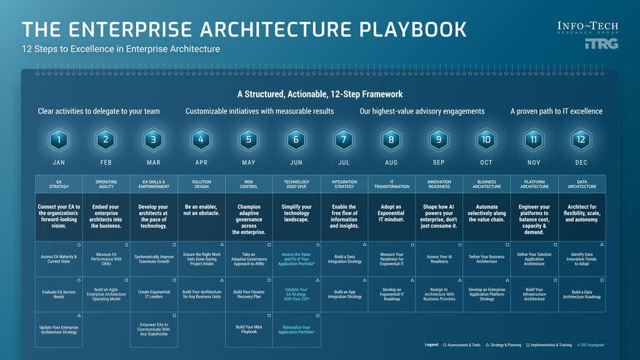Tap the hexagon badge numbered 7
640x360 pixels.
pos(343,139)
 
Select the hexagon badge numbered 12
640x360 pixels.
pos(581,139)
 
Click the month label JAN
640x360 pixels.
pos(59,162)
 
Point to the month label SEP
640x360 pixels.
pos(438,162)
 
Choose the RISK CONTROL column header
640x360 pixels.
pos(248,184)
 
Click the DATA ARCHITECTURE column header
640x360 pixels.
pos(581,184)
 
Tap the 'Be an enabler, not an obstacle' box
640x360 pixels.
pos(200,211)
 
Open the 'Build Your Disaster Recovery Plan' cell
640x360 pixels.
pos(248,294)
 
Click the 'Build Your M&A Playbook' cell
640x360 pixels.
pos(248,329)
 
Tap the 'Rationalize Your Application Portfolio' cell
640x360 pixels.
pos(295,329)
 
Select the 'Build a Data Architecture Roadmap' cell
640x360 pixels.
pos(581,294)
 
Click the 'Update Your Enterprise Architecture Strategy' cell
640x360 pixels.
pos(59,329)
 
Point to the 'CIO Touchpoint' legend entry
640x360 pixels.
pos(591,344)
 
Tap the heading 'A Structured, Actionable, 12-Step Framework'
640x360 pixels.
pos(320,94)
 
